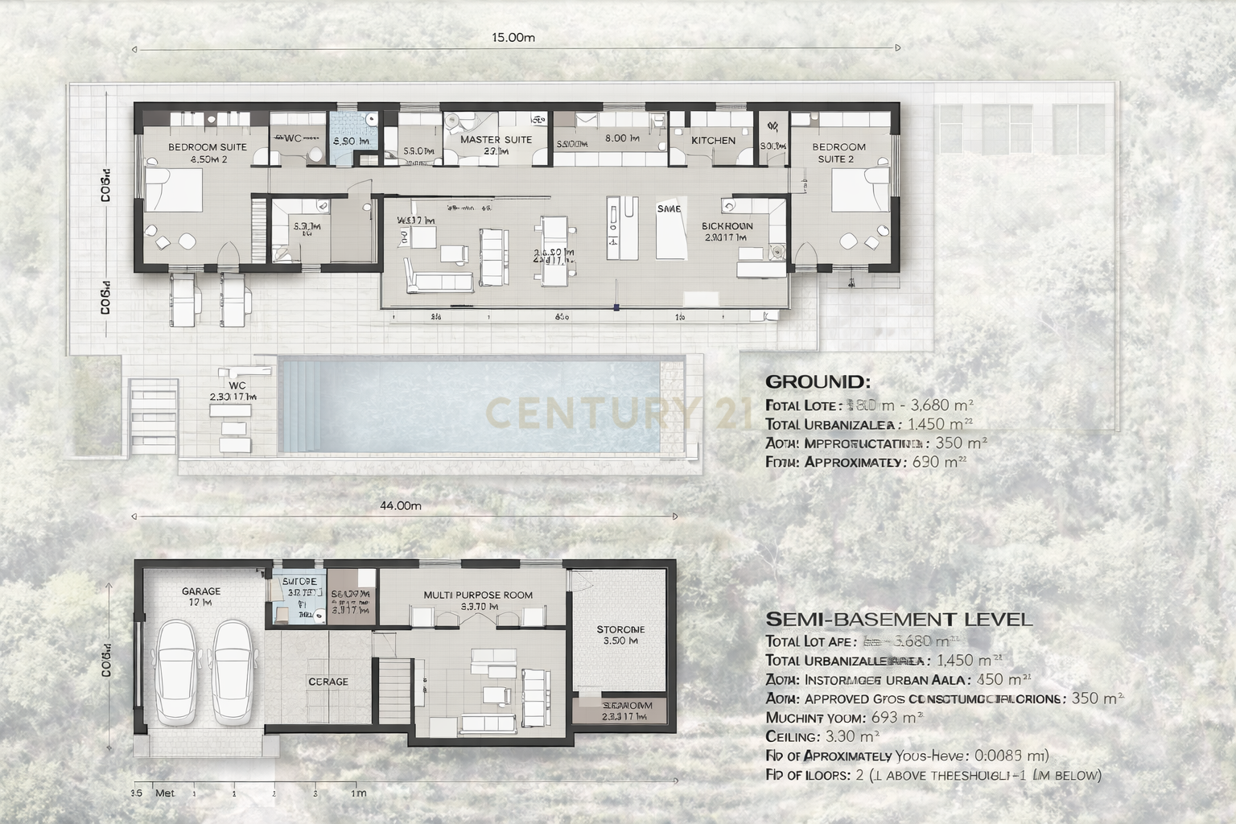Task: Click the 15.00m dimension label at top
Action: point(513,37)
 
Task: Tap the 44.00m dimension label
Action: point(400,505)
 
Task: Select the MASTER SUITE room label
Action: point(496,139)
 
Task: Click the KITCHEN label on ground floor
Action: point(713,140)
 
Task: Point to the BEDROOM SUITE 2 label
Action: point(838,152)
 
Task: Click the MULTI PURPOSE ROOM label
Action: point(478,595)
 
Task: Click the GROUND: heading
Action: point(818,381)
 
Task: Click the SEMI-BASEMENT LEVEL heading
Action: point(899,619)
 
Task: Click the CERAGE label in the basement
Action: point(328,682)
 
